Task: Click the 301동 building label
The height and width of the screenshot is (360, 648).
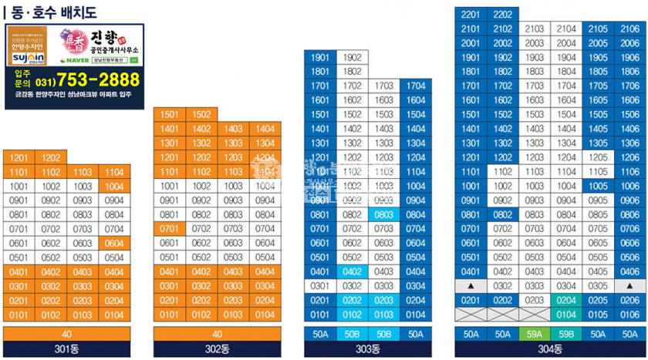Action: [x=66, y=349]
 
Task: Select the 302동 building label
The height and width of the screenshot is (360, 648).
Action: [x=217, y=349]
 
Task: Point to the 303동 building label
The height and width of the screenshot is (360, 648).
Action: [x=367, y=349]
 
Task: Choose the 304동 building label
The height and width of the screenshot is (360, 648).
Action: [x=549, y=349]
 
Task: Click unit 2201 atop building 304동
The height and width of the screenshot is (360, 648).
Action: [x=471, y=15]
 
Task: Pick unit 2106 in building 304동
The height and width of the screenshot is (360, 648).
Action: [x=629, y=29]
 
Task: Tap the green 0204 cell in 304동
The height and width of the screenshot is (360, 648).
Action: [x=566, y=301]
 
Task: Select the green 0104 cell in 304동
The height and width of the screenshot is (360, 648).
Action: [x=566, y=315]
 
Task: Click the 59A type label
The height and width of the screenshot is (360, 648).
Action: [x=535, y=334]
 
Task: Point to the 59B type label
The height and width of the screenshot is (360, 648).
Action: [x=566, y=334]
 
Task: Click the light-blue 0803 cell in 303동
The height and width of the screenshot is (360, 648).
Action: [x=383, y=215]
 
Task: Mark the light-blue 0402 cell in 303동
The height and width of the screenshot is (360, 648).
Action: [x=352, y=272]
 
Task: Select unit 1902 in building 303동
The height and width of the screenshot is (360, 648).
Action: [x=352, y=58]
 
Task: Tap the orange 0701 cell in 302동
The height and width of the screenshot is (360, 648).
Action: [x=170, y=229]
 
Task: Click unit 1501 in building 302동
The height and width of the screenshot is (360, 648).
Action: [x=170, y=115]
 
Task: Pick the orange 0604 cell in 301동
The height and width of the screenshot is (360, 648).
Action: [x=114, y=244]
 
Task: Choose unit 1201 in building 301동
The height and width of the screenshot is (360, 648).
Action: [x=19, y=158]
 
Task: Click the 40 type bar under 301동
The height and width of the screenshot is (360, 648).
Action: [x=66, y=334]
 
